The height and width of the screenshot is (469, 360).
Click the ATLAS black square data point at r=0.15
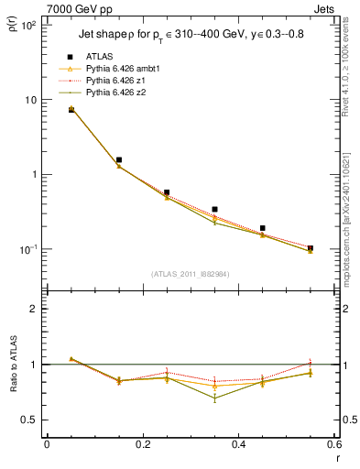point(118,159)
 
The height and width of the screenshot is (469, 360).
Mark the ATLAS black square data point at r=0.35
point(214,210)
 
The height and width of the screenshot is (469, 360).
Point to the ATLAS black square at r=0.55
point(311,248)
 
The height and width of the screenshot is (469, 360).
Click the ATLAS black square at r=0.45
point(263,228)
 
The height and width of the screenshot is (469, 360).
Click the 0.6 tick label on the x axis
point(333,445)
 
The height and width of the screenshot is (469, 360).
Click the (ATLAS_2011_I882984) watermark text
point(191,273)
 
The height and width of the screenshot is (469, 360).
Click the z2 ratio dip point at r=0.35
point(214,398)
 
